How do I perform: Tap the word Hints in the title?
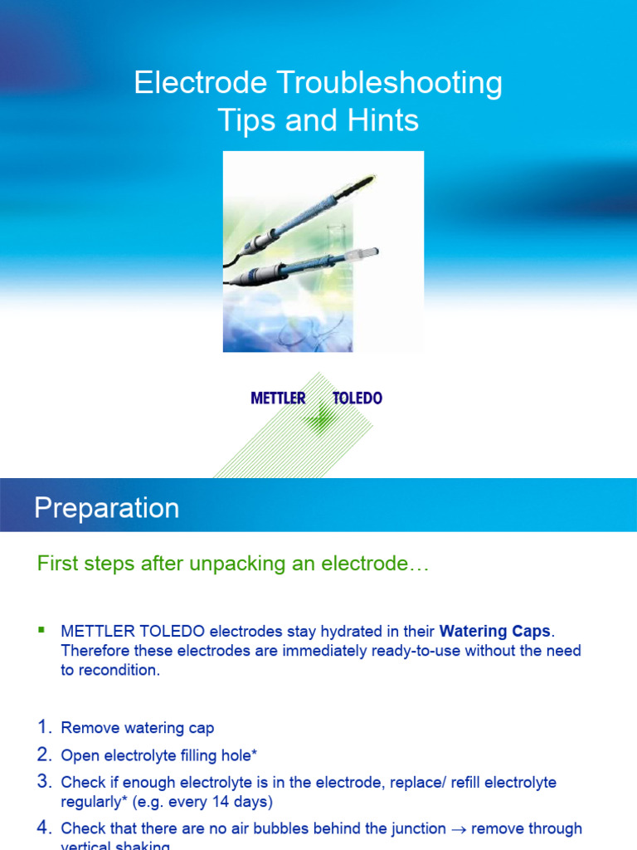pyautogui.click(x=383, y=121)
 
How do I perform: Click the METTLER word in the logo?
pyautogui.click(x=278, y=398)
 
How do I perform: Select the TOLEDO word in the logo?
pyautogui.click(x=357, y=398)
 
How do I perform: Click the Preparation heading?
pyautogui.click(x=106, y=508)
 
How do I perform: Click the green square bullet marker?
pyautogui.click(x=41, y=631)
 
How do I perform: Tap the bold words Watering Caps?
pyautogui.click(x=494, y=632)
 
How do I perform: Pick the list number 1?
pyautogui.click(x=45, y=728)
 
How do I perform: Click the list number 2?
pyautogui.click(x=45, y=755)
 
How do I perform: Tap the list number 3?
pyautogui.click(x=45, y=781)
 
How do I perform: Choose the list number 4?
pyautogui.click(x=45, y=828)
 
